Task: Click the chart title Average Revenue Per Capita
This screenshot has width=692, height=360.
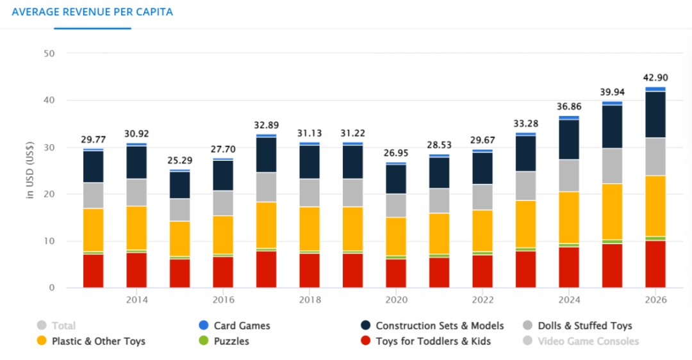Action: [92, 12]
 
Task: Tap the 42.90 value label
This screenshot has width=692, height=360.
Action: [655, 78]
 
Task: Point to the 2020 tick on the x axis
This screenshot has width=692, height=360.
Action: [397, 299]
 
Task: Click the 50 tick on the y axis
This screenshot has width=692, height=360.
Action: [49, 53]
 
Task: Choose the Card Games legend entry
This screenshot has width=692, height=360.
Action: [242, 325]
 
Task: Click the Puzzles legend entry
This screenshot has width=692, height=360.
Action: [231, 341]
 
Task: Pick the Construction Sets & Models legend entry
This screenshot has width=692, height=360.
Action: [440, 325]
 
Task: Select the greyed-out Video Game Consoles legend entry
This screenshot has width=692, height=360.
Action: [588, 341]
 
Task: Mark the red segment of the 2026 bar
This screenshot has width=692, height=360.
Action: [655, 264]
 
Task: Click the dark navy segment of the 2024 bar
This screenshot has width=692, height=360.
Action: [569, 139]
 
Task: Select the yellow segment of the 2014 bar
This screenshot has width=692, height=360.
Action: [136, 227]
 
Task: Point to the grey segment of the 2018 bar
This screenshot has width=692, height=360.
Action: [309, 192]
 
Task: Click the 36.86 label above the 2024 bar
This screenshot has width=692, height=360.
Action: [569, 106]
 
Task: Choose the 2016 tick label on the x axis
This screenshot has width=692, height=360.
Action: [223, 299]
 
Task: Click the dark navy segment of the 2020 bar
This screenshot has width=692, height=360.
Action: [396, 179]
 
